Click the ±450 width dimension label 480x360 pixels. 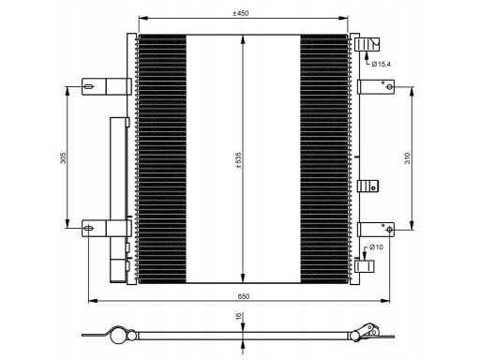[x=241, y=13]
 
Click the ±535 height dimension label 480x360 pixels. [x=239, y=160]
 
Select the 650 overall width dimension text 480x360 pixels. [x=244, y=296]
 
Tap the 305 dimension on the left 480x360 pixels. [x=63, y=157]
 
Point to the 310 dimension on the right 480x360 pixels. [x=407, y=158]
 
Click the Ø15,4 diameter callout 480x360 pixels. [x=381, y=65]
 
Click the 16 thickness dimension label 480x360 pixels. [x=239, y=317]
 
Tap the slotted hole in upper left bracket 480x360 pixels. [x=89, y=86]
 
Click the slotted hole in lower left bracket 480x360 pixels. [x=89, y=228]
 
